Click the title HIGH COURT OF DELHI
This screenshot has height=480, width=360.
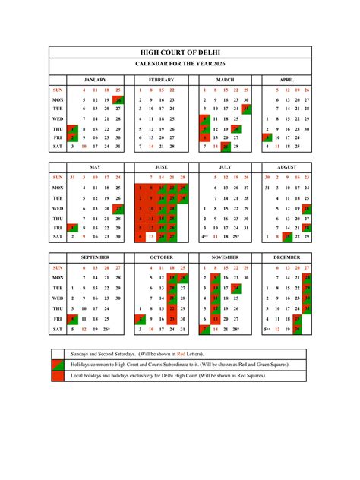point(181,52)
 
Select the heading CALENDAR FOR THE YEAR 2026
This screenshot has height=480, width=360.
point(181,65)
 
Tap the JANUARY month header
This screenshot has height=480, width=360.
point(95,80)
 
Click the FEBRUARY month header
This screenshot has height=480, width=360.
point(161,80)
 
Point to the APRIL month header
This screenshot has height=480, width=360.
point(286,80)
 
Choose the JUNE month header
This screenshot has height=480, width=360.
point(161,167)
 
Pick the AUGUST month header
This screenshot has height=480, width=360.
point(286,167)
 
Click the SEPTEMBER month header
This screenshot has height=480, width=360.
point(95,257)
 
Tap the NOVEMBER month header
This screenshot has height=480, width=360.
point(226,257)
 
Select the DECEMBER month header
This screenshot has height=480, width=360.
point(286,257)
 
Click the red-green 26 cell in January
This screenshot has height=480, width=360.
point(118,99)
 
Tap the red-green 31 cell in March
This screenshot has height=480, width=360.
point(246,109)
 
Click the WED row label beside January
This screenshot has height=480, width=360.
point(58,119)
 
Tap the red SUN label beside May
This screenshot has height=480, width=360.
point(58,178)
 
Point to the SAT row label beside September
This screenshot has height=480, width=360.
point(58,330)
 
